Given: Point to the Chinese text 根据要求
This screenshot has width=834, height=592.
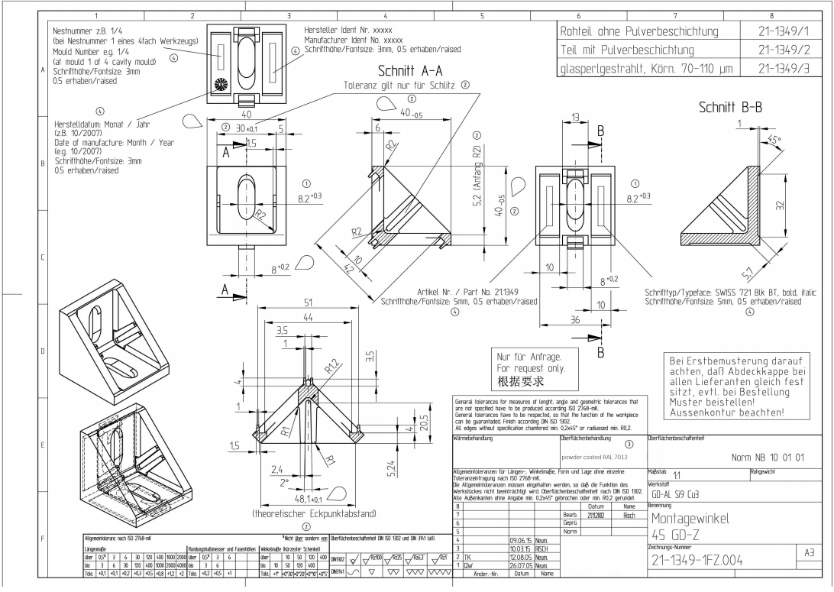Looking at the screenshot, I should point(521,380).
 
